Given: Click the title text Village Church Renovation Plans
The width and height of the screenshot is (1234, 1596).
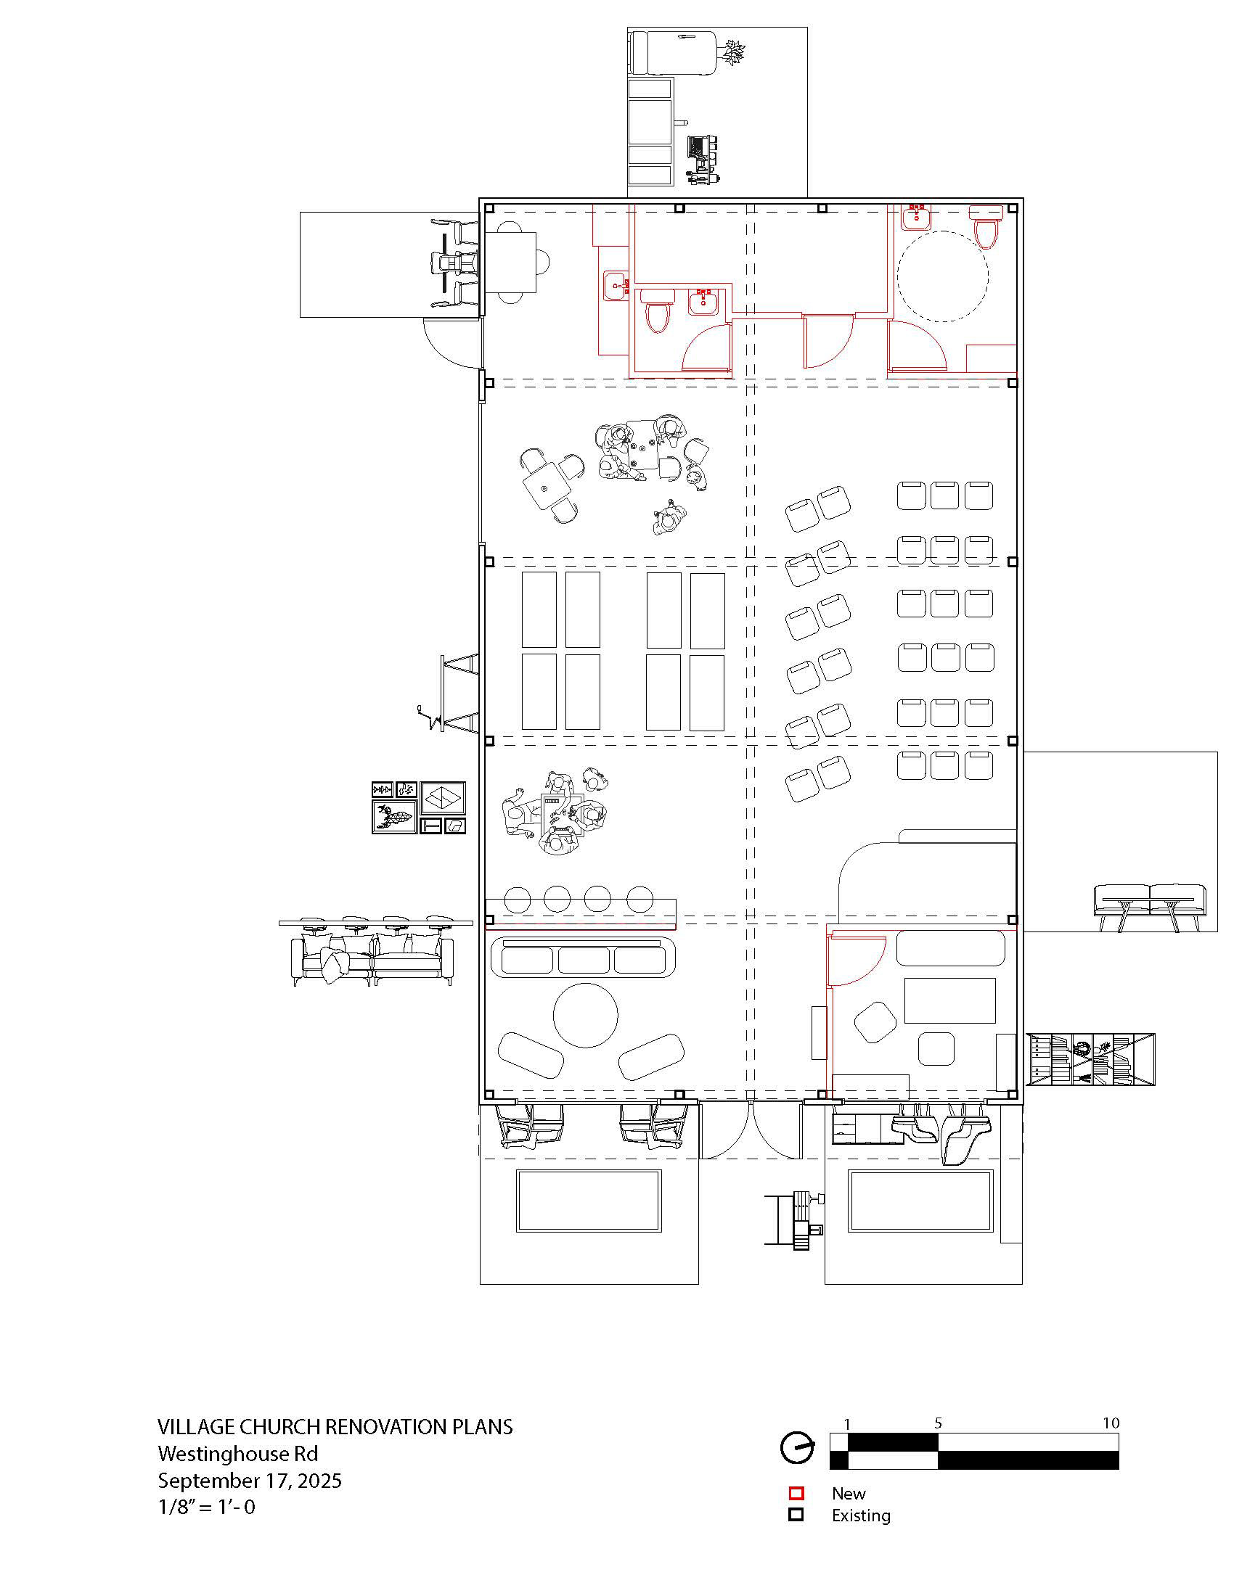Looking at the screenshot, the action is pos(335,1426).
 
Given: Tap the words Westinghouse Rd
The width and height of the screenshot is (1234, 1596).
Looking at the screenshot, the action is pos(238,1454).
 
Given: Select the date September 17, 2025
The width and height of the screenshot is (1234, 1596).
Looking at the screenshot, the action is pos(250,1481).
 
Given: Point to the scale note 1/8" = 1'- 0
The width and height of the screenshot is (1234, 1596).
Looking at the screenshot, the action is pos(207,1507).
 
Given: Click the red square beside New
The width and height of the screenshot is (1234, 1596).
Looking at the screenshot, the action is pos(796,1494).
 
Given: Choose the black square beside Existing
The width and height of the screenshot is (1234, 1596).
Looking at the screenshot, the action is pos(796,1515).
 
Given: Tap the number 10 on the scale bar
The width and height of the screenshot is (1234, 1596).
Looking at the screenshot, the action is pos(1111,1423).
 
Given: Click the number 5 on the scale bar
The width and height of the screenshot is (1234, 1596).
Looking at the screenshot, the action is pos(938,1423).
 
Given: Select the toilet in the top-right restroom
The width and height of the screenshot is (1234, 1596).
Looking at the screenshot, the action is pos(986,226).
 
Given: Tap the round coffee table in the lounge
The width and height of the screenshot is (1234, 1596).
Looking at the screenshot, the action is pos(586,1015).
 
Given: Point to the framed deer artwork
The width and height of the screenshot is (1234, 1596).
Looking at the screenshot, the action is pos(394,816).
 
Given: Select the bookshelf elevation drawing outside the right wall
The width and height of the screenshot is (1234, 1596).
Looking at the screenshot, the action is pos(1091,1059).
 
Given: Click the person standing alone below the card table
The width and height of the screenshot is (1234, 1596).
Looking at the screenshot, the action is pos(668,518).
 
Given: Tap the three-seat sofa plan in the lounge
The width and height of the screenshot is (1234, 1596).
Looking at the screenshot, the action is pos(584,958).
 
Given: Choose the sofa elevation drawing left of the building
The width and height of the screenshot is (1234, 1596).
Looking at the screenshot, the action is pos(373,950).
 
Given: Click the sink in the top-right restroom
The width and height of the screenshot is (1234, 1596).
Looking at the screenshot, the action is pos(916,217).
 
